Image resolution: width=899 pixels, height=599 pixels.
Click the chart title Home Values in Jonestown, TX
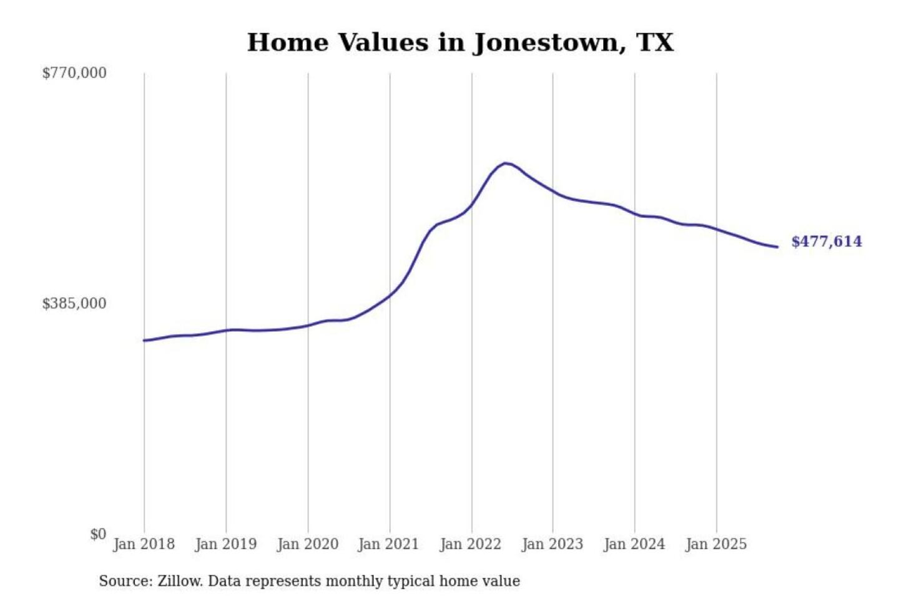tap(460, 42)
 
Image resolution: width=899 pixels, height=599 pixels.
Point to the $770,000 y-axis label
tap(74, 73)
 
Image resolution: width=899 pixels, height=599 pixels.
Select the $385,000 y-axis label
tap(74, 304)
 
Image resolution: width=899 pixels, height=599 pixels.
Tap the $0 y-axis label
tap(98, 534)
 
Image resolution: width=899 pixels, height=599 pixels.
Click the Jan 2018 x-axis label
tap(144, 544)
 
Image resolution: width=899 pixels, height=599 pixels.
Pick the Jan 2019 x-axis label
tap(225, 544)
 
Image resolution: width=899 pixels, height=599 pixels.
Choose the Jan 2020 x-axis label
tap(307, 544)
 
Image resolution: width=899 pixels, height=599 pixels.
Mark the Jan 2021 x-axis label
tap(388, 544)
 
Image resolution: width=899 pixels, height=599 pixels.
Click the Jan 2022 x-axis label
tap(470, 544)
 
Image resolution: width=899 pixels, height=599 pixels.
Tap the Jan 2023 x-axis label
tap(552, 544)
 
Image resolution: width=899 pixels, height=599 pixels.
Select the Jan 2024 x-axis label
tap(634, 544)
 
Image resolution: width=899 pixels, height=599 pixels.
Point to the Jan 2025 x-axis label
tap(715, 544)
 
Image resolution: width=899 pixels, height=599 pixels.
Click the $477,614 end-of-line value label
tap(827, 241)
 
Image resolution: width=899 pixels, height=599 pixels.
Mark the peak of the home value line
tap(506, 163)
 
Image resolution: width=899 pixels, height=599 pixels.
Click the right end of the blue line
tap(777, 247)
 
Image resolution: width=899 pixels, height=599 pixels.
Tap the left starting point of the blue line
tap(144, 340)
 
